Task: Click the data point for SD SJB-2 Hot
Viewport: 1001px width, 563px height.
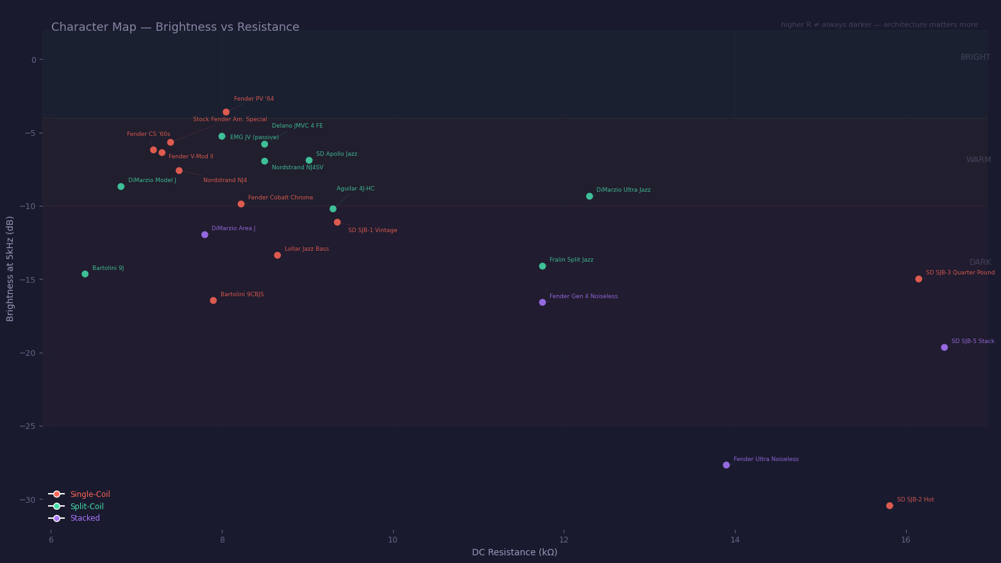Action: pos(889,506)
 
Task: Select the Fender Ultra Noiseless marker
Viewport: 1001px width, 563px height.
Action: pos(727,465)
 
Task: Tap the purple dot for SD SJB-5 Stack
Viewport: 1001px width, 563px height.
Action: pos(945,348)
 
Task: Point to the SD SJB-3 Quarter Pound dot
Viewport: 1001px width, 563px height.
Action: pos(919,279)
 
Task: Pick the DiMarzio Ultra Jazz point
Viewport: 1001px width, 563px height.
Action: pos(589,196)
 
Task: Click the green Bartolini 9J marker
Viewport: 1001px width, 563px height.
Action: pos(85,274)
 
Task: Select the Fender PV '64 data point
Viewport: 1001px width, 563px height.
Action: pos(226,112)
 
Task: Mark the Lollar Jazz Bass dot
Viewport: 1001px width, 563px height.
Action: pos(278,255)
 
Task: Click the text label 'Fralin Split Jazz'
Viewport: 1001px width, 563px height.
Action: pos(571,260)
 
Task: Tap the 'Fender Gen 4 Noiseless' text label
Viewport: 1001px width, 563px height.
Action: pos(584,296)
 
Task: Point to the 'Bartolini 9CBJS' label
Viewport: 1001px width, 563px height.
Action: pos(242,294)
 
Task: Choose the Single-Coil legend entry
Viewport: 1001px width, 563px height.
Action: pos(90,494)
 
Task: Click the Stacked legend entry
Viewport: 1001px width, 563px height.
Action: pos(85,518)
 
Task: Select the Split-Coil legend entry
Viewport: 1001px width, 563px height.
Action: pos(87,507)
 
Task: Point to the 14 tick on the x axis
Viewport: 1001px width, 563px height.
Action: pos(735,540)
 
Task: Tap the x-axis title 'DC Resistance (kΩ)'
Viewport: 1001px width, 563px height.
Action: pos(514,552)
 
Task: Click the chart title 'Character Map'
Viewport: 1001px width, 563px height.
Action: pos(175,27)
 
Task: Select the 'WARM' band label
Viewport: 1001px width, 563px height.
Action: pos(979,160)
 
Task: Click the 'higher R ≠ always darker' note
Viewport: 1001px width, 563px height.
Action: pos(879,25)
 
